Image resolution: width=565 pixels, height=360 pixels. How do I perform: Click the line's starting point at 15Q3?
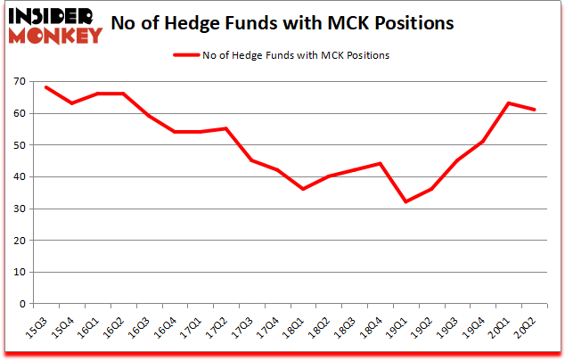[45, 87]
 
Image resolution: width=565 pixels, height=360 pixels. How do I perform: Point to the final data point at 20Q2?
[535, 110]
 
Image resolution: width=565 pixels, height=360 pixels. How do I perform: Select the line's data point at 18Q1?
[303, 189]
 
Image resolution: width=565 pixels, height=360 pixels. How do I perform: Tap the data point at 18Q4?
[381, 164]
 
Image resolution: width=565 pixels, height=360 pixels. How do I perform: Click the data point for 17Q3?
[251, 160]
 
